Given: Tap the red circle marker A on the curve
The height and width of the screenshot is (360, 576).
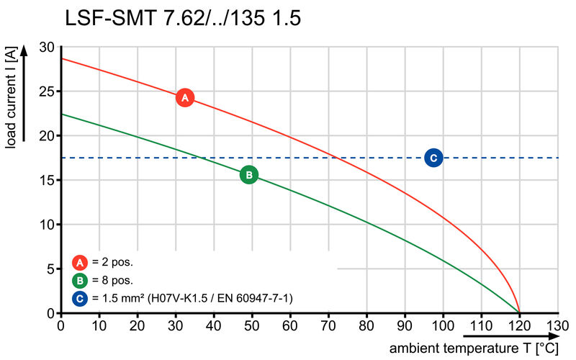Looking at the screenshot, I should [184, 97].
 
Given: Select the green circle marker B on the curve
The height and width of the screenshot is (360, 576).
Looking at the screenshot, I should [248, 174].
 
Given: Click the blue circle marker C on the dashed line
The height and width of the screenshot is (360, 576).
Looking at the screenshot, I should [433, 158].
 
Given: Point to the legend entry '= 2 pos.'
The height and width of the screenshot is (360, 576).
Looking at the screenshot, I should [112, 262].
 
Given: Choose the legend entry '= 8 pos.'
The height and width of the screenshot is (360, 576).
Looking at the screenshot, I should [112, 280].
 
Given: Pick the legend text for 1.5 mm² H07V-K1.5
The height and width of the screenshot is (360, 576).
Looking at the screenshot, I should [192, 297].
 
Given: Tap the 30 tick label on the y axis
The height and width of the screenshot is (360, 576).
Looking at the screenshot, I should [47, 47].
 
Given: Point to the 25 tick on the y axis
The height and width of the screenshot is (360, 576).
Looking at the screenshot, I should [47, 91].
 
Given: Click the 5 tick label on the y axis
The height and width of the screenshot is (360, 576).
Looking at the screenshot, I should [50, 269].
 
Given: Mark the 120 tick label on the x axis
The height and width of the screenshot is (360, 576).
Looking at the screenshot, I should [519, 325].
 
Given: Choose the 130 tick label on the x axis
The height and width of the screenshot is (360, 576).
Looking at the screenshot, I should [557, 325].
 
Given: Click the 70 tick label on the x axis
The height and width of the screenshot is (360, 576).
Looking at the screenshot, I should [328, 325].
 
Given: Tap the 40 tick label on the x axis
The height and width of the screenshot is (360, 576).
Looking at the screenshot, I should [214, 325].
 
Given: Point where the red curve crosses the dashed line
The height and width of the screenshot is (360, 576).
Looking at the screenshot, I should [340, 158].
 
